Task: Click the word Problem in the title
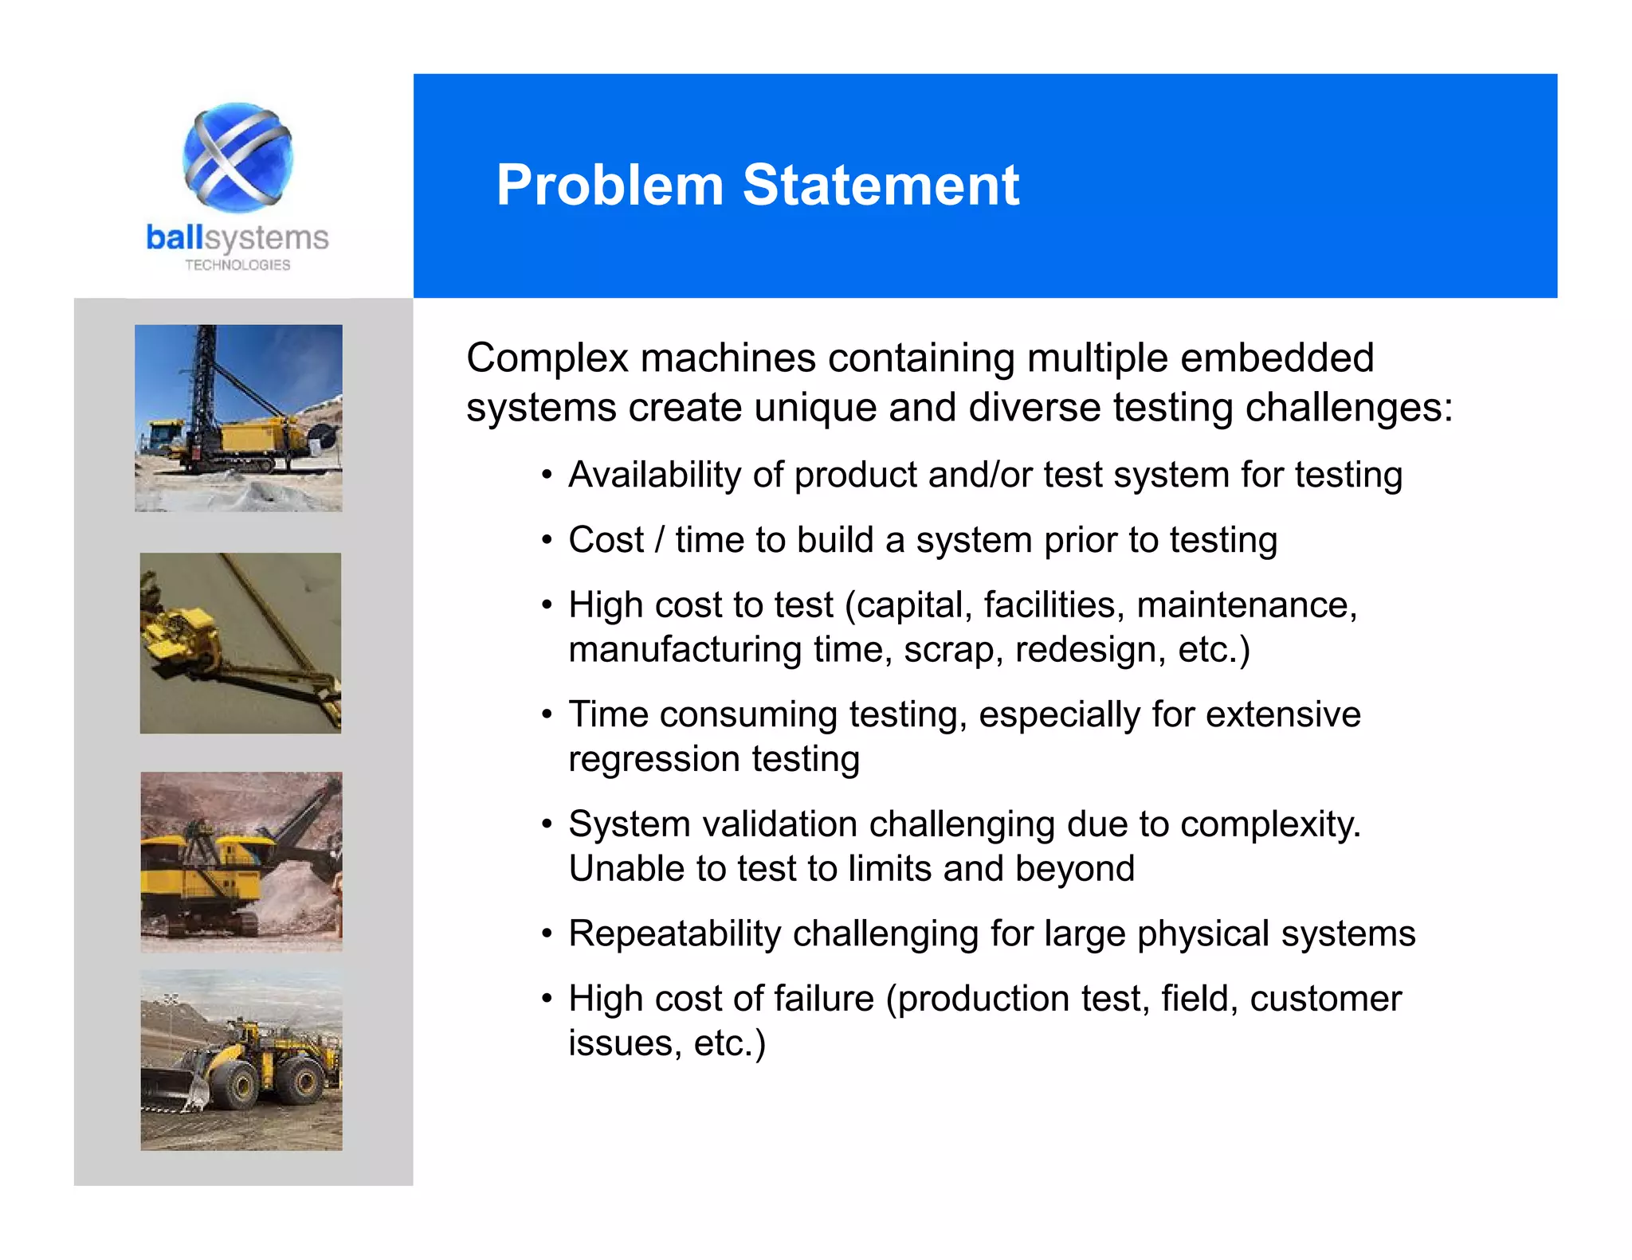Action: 609,186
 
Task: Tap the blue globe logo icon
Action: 237,157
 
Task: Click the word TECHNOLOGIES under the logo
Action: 237,265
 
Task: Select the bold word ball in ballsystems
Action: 175,237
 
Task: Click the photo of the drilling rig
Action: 238,417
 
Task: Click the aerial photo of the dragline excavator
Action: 240,643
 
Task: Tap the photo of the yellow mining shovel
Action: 241,861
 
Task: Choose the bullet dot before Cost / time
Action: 546,541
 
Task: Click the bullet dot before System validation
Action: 546,824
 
